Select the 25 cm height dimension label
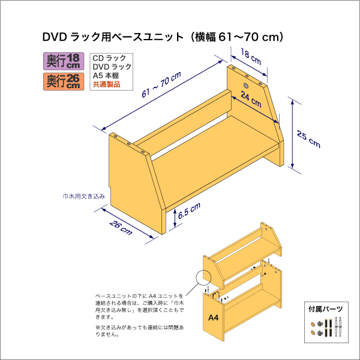pyautogui.click(x=309, y=139)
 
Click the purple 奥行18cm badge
pyautogui.click(x=64, y=61)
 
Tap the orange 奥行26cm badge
pyautogui.click(x=64, y=81)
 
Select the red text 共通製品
pyautogui.click(x=106, y=85)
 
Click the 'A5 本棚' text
pyautogui.click(x=106, y=76)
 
